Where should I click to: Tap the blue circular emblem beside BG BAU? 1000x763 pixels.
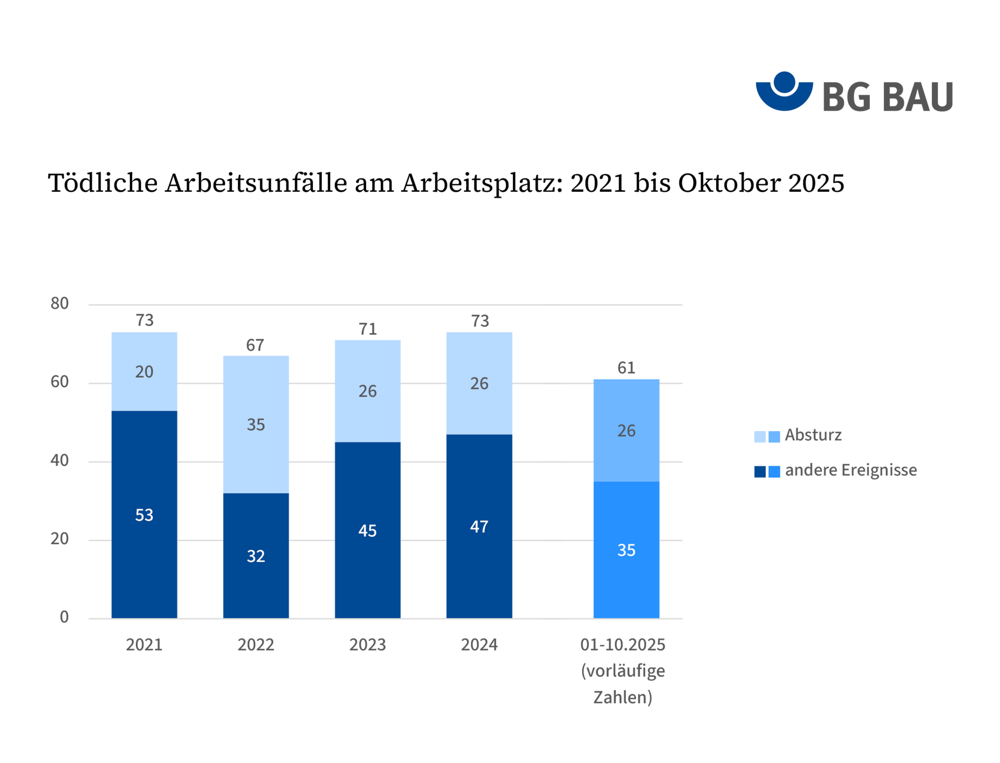[x=784, y=91]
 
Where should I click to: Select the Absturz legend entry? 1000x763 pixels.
[x=813, y=435]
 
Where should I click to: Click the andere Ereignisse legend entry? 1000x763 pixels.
[x=850, y=471]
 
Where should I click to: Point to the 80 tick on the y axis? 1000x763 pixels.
[x=59, y=303]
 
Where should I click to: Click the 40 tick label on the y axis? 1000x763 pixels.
[x=59, y=460]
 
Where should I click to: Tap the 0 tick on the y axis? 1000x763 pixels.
[x=64, y=617]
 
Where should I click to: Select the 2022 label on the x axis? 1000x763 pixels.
[x=256, y=645]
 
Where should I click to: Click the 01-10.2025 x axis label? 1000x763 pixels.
[x=622, y=645]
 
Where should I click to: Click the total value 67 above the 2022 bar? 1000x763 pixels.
[x=255, y=345]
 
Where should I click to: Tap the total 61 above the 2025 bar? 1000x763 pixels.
[x=626, y=368]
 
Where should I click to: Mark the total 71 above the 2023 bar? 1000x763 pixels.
[x=368, y=329]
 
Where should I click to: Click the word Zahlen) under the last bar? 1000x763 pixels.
[x=622, y=697]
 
